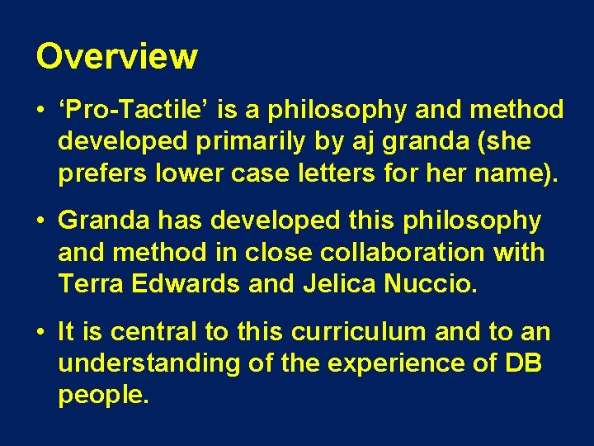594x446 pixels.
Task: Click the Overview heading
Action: pos(116,56)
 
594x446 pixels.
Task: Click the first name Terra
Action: pos(89,284)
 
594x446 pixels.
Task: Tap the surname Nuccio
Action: pos(430,284)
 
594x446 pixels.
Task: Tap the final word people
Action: pos(103,396)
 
